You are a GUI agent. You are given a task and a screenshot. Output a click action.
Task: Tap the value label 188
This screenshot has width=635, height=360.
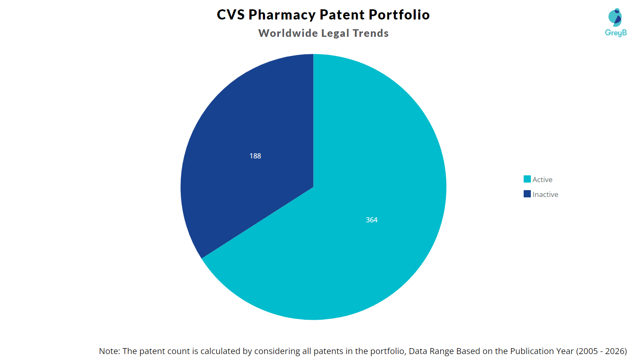(255, 156)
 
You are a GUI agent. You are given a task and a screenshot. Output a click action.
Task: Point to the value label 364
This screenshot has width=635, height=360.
(372, 220)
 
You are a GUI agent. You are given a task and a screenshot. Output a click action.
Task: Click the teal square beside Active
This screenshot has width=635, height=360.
(527, 179)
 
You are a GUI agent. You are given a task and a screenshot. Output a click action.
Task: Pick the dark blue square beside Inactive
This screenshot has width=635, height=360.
(527, 194)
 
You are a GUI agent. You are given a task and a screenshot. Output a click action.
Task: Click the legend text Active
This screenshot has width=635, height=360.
(542, 180)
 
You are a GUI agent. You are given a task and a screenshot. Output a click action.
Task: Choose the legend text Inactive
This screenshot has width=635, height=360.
(545, 194)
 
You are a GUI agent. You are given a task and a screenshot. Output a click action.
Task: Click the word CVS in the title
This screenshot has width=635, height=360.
(231, 15)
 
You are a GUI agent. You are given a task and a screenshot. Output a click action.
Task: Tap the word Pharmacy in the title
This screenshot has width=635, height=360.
(282, 15)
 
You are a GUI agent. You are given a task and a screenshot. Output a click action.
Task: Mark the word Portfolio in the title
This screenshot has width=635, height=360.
(399, 15)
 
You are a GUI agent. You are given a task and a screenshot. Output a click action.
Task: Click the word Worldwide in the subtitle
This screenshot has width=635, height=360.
(288, 33)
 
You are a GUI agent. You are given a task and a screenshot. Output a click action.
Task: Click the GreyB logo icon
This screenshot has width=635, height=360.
(615, 17)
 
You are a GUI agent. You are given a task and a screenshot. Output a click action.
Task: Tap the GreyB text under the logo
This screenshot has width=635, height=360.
(616, 33)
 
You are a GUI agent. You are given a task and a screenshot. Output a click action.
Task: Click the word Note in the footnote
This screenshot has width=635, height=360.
(109, 351)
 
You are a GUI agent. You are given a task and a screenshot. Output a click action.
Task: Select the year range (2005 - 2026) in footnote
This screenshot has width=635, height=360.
(602, 351)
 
